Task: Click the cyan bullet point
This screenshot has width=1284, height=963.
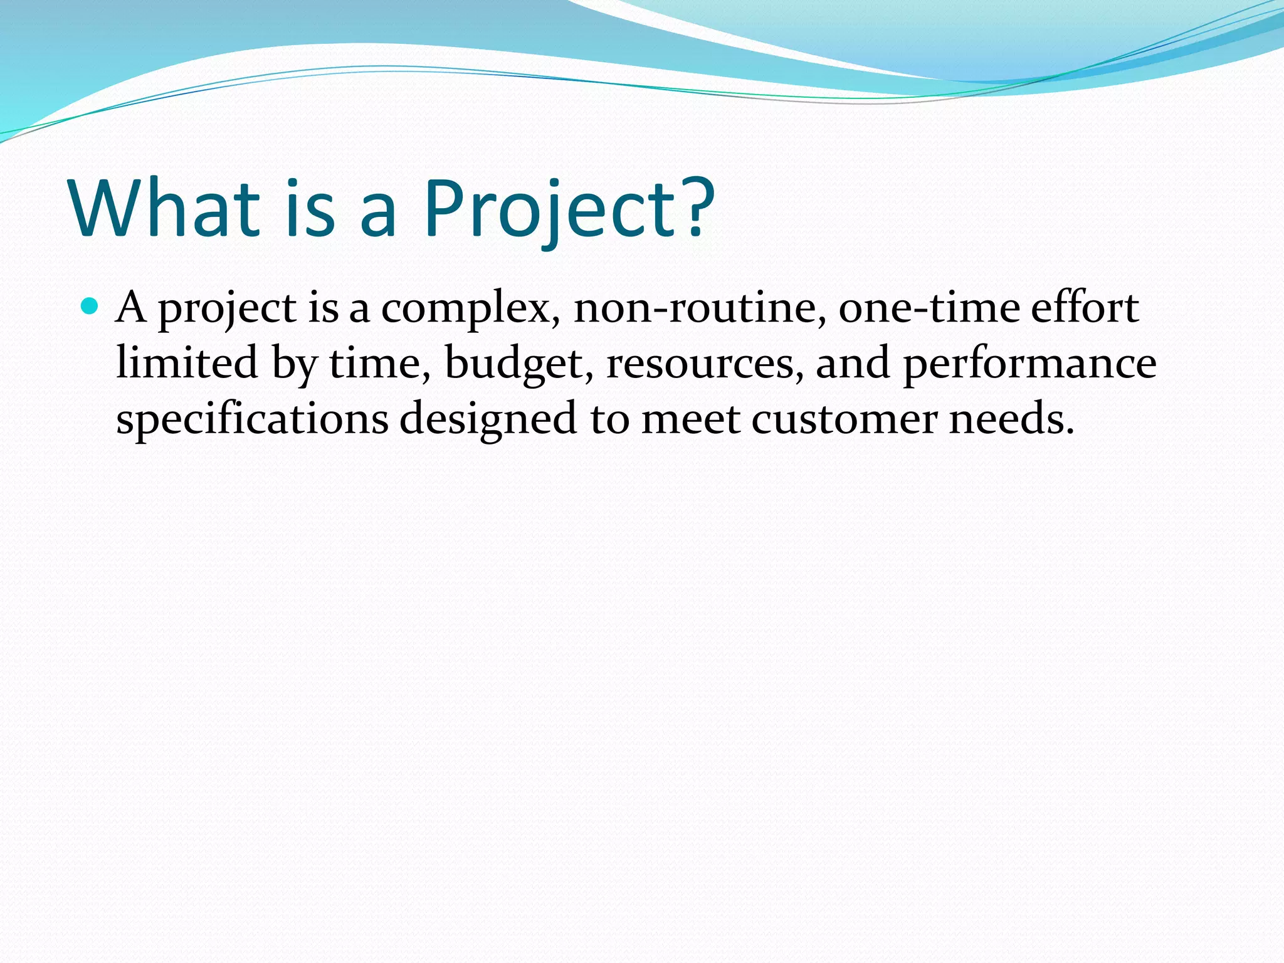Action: pos(90,307)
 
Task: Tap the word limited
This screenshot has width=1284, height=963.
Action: pos(187,363)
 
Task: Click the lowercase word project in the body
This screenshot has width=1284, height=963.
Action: pos(227,310)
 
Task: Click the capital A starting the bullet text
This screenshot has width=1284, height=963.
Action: pos(132,307)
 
